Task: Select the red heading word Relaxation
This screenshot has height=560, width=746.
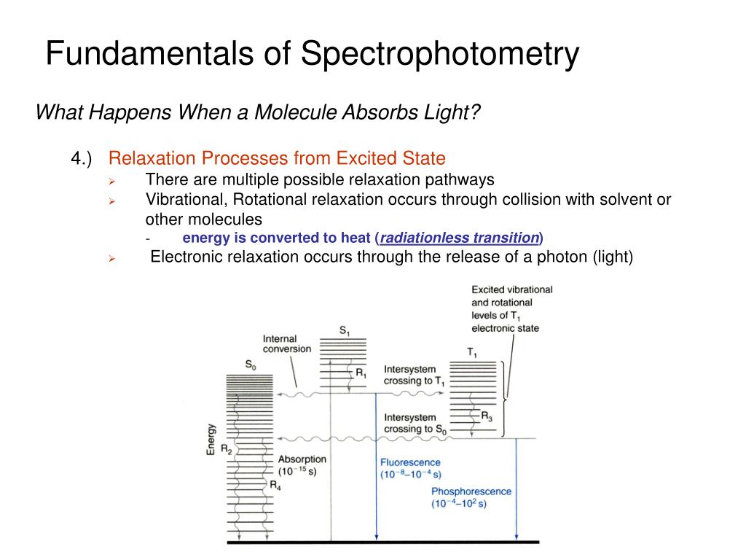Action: (152, 158)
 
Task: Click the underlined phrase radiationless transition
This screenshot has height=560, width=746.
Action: (459, 238)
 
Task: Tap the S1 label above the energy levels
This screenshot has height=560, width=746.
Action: (345, 331)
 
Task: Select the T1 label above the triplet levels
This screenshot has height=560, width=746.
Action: (473, 353)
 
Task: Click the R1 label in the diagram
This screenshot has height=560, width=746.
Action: (361, 373)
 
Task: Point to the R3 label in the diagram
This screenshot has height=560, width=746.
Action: (487, 417)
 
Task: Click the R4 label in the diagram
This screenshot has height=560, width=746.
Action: (275, 484)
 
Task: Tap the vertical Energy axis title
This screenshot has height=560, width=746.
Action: (211, 440)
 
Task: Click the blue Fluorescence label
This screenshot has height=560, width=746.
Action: (410, 462)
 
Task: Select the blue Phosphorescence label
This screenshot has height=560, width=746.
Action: (471, 491)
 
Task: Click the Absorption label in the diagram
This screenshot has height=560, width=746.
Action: (302, 459)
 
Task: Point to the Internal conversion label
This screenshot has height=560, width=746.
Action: (286, 343)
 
